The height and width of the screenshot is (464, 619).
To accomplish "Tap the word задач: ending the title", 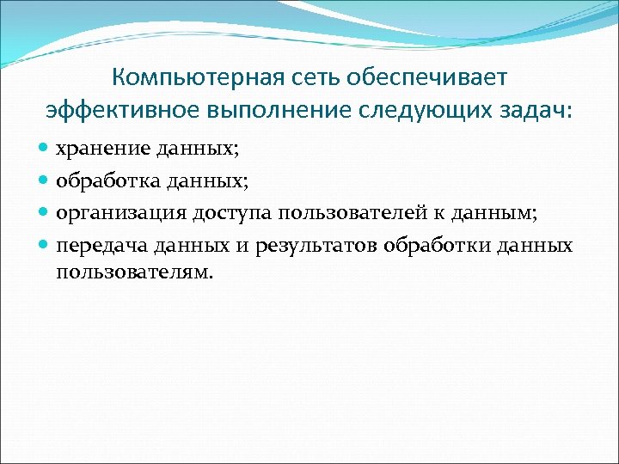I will (x=532, y=111).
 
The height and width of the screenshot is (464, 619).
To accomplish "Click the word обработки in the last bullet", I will (x=430, y=245).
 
